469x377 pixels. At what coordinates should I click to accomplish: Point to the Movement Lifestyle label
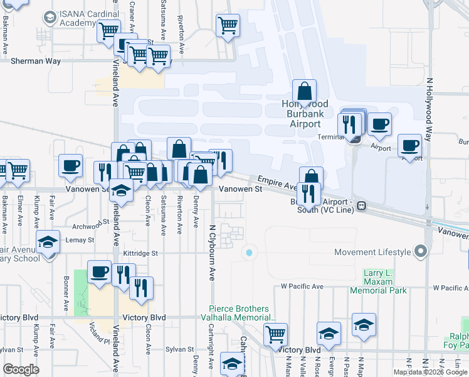click(x=372, y=252)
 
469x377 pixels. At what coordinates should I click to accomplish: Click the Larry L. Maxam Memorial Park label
click(x=386, y=282)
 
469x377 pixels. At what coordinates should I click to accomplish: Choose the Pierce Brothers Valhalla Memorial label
click(x=242, y=313)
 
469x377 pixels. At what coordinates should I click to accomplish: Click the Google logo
click(x=21, y=369)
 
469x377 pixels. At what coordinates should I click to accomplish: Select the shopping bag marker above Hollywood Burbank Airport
click(x=304, y=91)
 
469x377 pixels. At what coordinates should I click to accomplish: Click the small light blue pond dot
click(x=249, y=253)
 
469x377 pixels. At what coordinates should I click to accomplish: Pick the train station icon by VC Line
click(x=361, y=206)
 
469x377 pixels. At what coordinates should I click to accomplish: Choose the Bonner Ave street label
click(x=66, y=288)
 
